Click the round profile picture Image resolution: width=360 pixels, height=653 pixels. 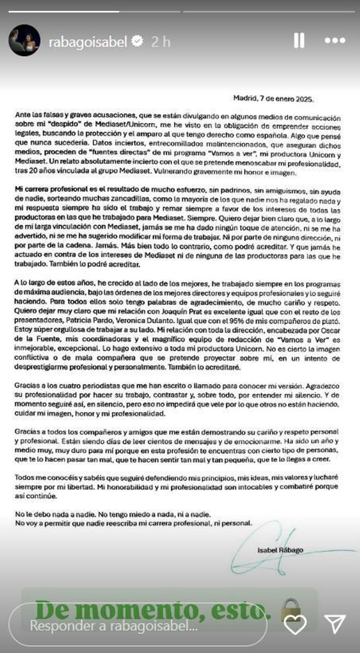coord(24,40)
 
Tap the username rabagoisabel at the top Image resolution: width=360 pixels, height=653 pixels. coord(88,42)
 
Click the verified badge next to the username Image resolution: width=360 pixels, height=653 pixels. coord(138,41)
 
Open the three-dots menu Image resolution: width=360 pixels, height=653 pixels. coord(335,40)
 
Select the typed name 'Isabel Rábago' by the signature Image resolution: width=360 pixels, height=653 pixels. coord(280,550)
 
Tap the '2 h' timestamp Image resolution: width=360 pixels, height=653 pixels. coord(161,42)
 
